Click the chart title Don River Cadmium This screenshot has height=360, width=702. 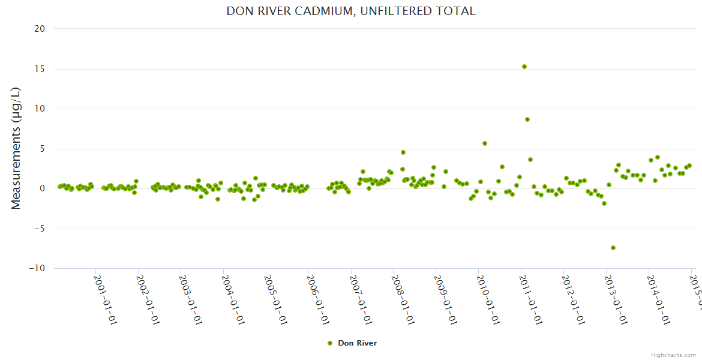351,11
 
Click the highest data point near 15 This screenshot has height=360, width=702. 524,67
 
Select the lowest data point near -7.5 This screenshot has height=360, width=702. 613,248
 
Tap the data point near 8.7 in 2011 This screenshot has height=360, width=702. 527,119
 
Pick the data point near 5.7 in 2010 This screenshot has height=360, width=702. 485,143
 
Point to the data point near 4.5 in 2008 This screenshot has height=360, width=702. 403,152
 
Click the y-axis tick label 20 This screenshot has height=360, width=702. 39,29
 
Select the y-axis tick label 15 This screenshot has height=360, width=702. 39,69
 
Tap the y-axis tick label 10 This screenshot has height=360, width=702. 39,109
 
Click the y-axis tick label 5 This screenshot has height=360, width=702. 42,149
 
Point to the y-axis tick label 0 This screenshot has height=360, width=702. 42,188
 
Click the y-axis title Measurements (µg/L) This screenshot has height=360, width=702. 16,148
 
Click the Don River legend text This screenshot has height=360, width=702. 357,343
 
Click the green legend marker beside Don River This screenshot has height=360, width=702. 329,343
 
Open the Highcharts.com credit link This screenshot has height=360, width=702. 673,355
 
